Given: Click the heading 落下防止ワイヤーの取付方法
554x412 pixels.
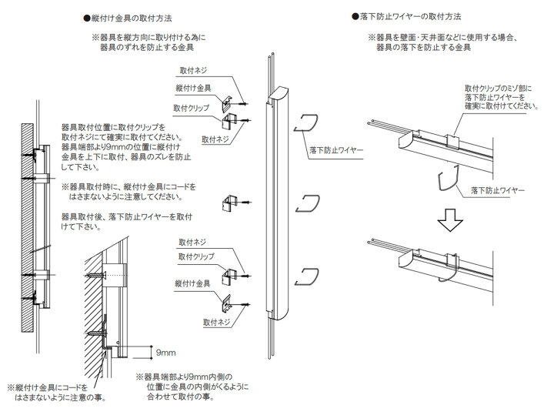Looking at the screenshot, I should tap(416, 16).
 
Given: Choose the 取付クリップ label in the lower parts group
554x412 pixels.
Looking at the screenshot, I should tap(195, 255).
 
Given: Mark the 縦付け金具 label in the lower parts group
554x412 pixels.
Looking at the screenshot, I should tap(192, 283).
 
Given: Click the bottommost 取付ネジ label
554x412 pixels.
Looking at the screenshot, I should tap(218, 322).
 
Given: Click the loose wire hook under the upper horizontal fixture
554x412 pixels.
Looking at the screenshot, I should tap(446, 186).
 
